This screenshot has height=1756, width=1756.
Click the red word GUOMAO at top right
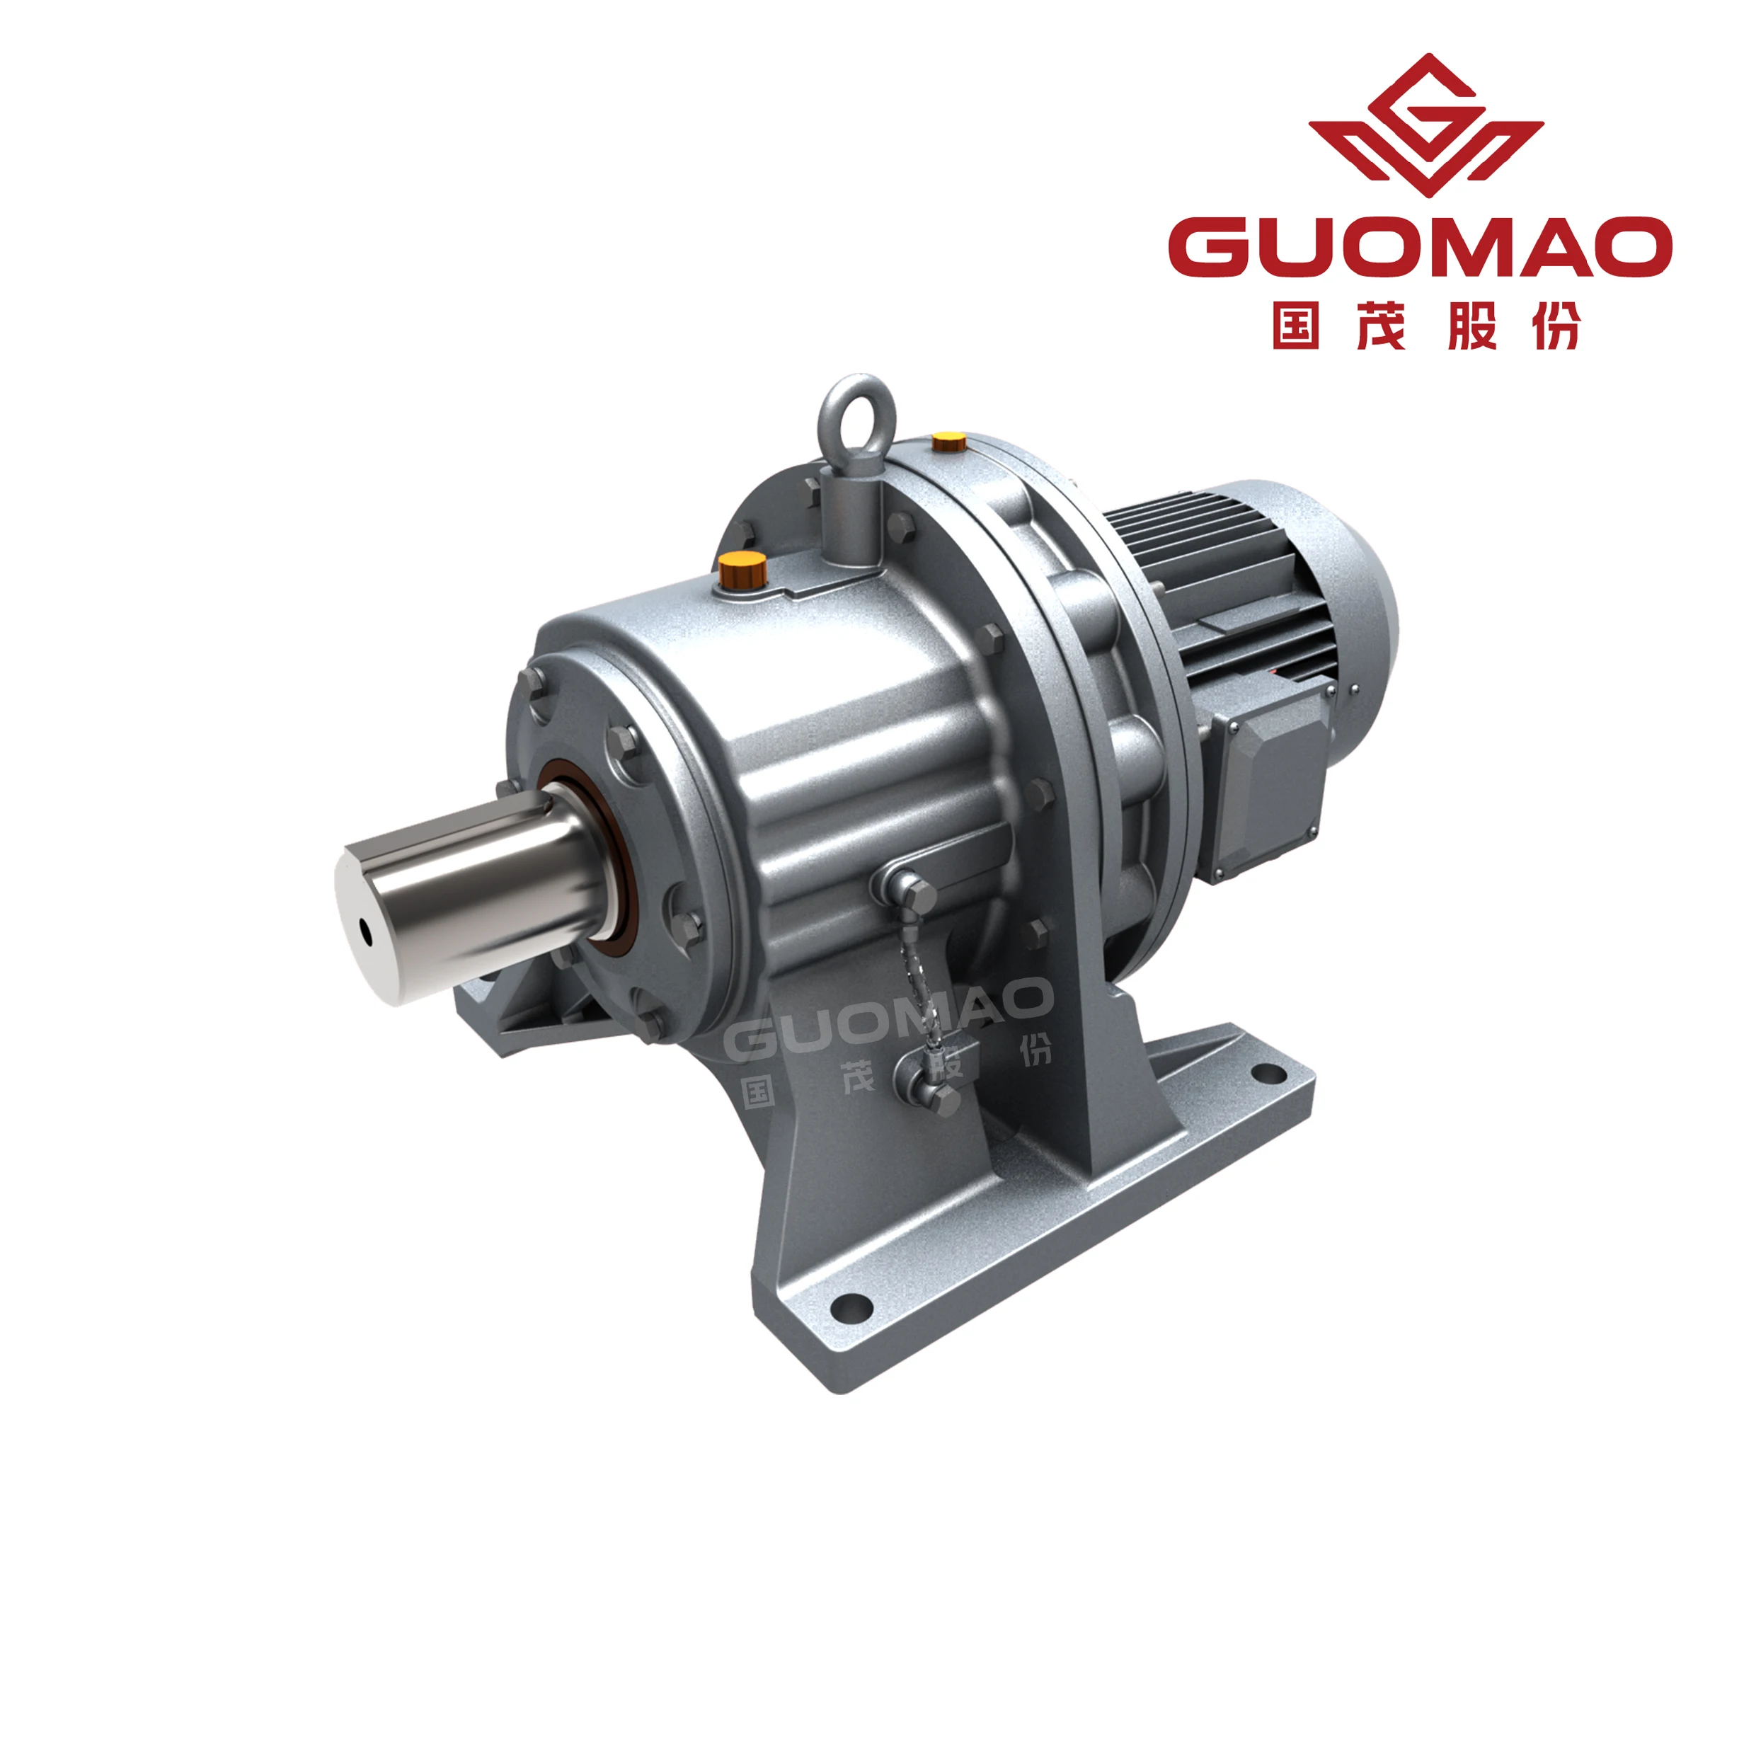[x=1420, y=246]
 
